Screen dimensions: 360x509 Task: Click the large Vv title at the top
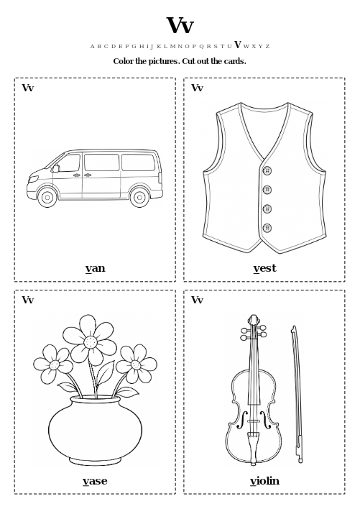pyautogui.click(x=180, y=25)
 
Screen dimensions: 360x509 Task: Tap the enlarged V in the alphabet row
pyautogui.click(x=238, y=45)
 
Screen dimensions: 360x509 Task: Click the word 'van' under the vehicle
pyautogui.click(x=96, y=268)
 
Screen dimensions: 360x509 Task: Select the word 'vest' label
pyautogui.click(x=264, y=268)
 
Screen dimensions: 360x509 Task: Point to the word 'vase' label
pyautogui.click(x=95, y=481)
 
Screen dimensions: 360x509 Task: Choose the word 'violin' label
pyautogui.click(x=264, y=480)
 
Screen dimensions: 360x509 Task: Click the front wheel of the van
pyautogui.click(x=47, y=197)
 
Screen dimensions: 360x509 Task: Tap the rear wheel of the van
pyautogui.click(x=139, y=197)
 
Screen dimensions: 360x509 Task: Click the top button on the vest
pyautogui.click(x=267, y=171)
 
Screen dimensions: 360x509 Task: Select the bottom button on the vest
pyautogui.click(x=267, y=228)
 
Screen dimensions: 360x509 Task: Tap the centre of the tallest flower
pyautogui.click(x=91, y=341)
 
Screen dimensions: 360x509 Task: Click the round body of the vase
pyautogui.click(x=95, y=429)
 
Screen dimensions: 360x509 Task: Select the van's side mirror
pyautogui.click(x=56, y=168)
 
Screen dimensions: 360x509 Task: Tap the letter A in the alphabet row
pyautogui.click(x=92, y=47)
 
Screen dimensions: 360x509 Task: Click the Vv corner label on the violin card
pyautogui.click(x=197, y=300)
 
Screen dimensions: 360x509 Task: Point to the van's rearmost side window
pyautogui.click(x=139, y=162)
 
